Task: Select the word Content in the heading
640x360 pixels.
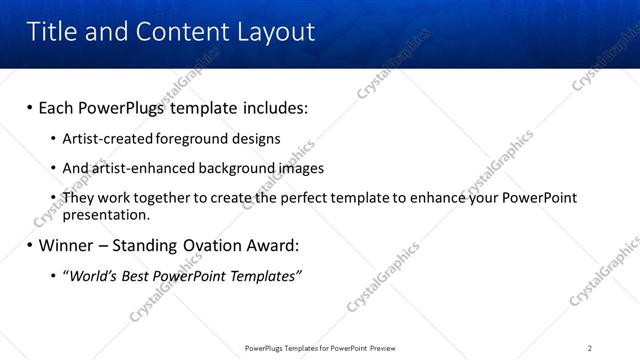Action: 176,32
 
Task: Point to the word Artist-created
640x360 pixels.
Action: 103,138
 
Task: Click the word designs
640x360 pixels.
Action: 255,138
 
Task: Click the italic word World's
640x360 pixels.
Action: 93,275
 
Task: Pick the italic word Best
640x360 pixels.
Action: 136,275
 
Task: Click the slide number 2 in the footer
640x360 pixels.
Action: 590,347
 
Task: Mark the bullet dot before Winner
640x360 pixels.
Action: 30,245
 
